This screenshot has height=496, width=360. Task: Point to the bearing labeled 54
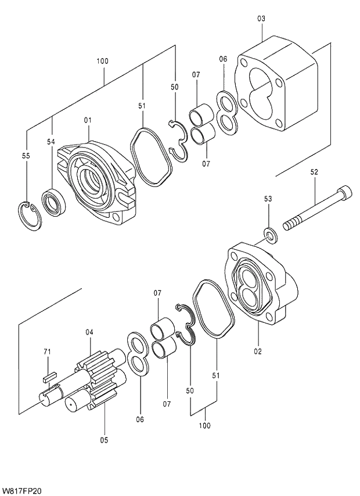pyautogui.click(x=55, y=202)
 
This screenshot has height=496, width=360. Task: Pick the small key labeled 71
pyautogui.click(x=49, y=376)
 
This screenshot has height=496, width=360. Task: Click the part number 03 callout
pyautogui.click(x=261, y=19)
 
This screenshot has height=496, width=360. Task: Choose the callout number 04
pyautogui.click(x=89, y=332)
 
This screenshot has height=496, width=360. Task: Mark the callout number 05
pyautogui.click(x=103, y=440)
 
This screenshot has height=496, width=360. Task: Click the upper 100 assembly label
pyautogui.click(x=103, y=61)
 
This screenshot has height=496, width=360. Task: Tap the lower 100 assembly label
pyautogui.click(x=204, y=426)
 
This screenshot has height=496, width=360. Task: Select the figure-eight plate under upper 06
pyautogui.click(x=228, y=110)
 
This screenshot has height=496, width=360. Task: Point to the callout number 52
pyautogui.click(x=314, y=172)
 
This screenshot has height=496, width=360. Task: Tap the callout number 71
pyautogui.click(x=48, y=351)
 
